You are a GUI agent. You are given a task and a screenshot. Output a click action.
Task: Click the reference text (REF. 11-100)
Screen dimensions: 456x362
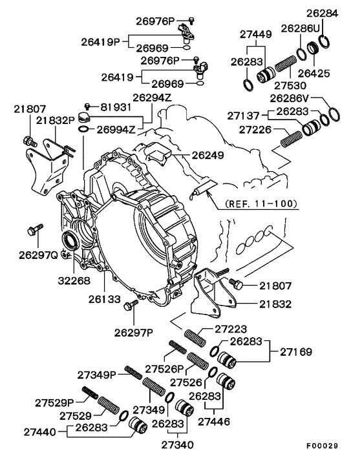(261, 203)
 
